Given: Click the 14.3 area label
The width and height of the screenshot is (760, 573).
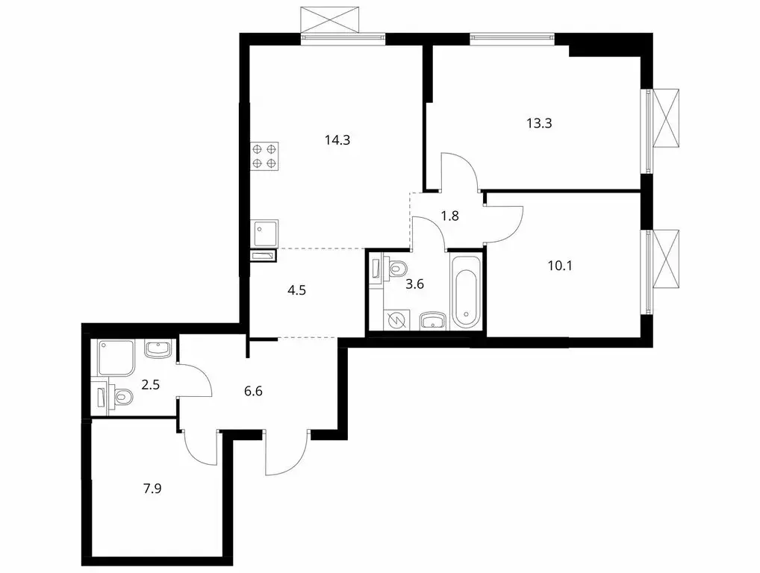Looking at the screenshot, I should click(337, 139).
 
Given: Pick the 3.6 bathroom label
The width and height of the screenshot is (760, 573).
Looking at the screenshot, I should click(415, 285).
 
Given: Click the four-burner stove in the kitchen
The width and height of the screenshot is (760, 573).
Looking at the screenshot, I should click(265, 155).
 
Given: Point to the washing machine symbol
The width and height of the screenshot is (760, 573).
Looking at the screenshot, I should click(397, 319).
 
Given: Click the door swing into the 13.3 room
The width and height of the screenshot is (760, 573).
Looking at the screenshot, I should click(459, 170).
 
